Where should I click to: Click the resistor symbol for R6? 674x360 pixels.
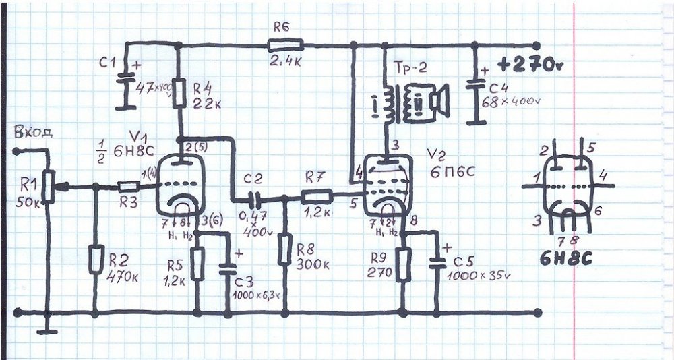pyautogui.click(x=285, y=45)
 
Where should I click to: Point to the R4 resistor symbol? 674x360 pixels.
pyautogui.click(x=180, y=95)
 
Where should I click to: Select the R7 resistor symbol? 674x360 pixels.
pyautogui.click(x=315, y=198)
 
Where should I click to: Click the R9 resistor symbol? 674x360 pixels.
pyautogui.click(x=403, y=264)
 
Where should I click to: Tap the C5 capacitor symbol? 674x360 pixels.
pyautogui.click(x=438, y=263)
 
